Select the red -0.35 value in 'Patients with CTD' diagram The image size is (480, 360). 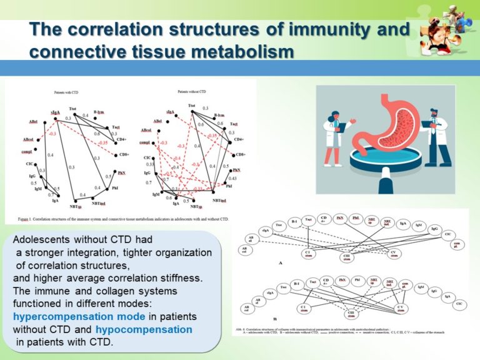tap(102, 142)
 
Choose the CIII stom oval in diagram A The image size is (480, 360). tap(346, 256)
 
